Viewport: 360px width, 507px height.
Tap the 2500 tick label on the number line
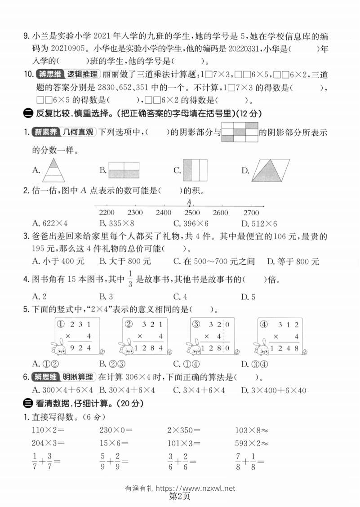[192, 213]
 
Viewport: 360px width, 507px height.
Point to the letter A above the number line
[189, 202]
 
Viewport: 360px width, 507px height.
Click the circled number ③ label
[196, 324]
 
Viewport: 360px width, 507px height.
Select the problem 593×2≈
[252, 443]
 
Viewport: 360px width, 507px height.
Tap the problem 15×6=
[114, 443]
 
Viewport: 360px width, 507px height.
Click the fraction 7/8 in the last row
[239, 460]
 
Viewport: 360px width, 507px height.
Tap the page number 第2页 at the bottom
[180, 497]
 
